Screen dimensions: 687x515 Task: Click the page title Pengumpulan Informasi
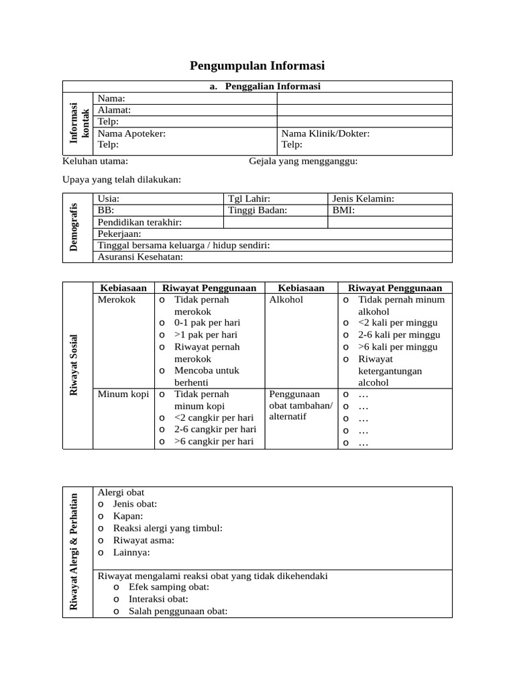click(x=257, y=65)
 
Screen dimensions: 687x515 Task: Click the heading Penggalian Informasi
click(x=264, y=87)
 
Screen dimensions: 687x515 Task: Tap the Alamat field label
click(x=115, y=110)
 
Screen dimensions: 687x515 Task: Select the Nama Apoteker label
click(x=131, y=134)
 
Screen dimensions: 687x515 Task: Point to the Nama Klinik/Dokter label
click(x=325, y=134)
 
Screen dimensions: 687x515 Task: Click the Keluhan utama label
click(x=95, y=161)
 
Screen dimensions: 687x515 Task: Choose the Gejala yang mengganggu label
click(x=303, y=161)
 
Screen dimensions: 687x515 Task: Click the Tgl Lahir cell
click(x=249, y=199)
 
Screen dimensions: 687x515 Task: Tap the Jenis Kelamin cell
click(x=363, y=199)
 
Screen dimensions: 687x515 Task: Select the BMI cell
click(x=343, y=210)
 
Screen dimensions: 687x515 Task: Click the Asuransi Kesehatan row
click(x=140, y=257)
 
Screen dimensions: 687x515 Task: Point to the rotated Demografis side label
click(x=74, y=227)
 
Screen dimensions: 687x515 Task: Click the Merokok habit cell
click(x=117, y=300)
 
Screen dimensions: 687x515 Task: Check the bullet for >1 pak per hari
click(x=162, y=335)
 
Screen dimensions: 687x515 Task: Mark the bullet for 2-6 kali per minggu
click(x=346, y=335)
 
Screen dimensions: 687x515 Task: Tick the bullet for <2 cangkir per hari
click(x=162, y=418)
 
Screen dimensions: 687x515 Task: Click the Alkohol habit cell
click(x=286, y=300)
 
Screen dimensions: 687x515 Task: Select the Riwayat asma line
click(x=144, y=540)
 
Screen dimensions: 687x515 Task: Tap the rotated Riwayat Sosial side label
click(x=74, y=364)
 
